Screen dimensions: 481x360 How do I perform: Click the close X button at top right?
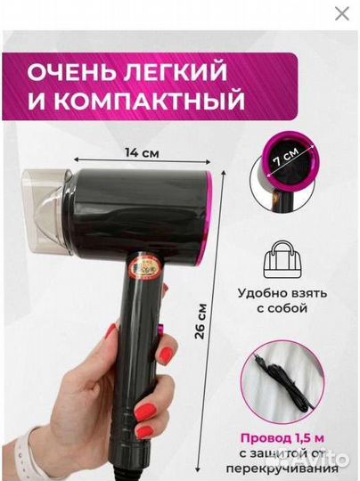tap(341, 13)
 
